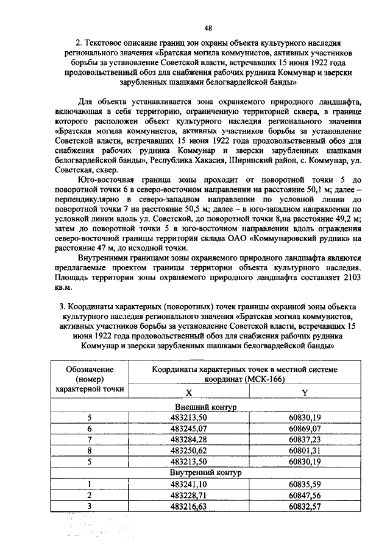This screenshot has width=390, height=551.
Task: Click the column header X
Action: (x=189, y=392)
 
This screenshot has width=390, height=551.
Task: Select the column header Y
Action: (x=305, y=392)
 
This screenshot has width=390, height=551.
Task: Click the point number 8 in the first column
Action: (x=89, y=450)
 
